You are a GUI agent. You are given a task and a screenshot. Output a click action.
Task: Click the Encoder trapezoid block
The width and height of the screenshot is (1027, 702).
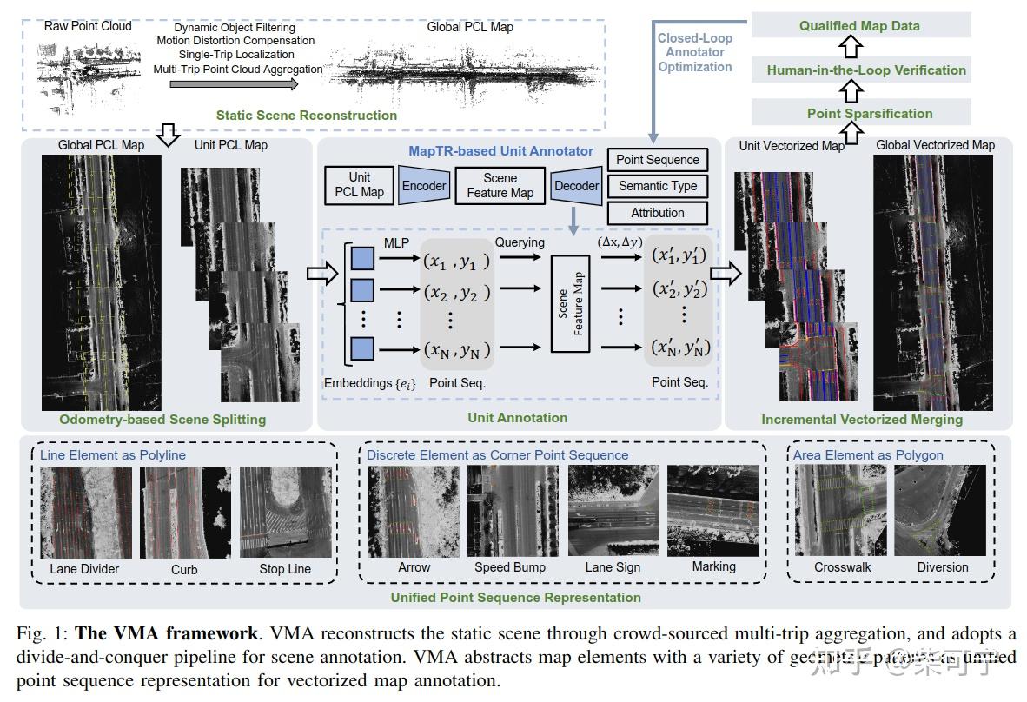(x=423, y=185)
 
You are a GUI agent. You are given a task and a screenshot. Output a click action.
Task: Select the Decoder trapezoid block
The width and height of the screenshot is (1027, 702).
(x=577, y=185)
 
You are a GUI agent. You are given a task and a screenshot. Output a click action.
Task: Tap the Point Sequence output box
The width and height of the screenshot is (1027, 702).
(x=657, y=160)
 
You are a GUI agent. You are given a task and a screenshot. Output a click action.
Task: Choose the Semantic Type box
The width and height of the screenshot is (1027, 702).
(x=657, y=186)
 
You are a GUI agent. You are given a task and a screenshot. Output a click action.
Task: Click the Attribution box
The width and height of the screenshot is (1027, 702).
(x=657, y=212)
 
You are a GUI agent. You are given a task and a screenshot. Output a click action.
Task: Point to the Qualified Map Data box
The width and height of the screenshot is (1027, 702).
(x=859, y=26)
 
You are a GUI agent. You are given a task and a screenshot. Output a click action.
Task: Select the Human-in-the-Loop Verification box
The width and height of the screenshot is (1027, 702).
(x=859, y=70)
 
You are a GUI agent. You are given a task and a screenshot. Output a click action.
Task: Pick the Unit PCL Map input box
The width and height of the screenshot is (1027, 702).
(x=360, y=185)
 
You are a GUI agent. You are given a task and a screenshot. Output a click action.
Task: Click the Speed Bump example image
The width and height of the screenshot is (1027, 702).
(x=511, y=510)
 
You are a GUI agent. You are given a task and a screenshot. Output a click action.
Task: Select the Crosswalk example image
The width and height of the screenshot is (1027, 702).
(x=842, y=510)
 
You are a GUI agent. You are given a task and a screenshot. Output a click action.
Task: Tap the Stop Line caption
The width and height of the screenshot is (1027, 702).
(x=285, y=569)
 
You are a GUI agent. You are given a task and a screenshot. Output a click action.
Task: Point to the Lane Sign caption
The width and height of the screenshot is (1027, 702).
(x=613, y=567)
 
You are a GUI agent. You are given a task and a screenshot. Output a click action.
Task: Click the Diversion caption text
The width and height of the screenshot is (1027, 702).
(x=942, y=567)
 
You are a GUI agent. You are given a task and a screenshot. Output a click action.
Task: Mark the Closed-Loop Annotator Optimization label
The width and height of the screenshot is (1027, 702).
(x=694, y=52)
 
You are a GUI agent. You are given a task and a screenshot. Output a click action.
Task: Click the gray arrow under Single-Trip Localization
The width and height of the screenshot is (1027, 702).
(x=234, y=84)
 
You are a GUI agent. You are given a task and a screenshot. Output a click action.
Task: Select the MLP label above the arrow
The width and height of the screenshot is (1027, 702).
(x=395, y=242)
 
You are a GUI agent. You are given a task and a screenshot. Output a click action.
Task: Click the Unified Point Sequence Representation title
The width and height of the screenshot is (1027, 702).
(x=515, y=597)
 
